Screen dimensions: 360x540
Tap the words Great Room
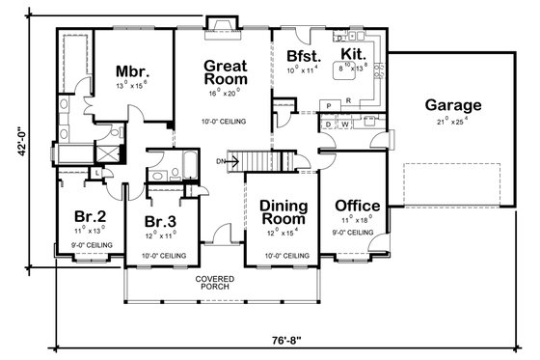(x=224, y=73)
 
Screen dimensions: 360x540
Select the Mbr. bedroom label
(x=131, y=71)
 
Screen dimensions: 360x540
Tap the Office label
(x=357, y=207)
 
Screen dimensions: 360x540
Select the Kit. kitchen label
(x=352, y=56)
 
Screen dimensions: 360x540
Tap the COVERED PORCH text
(x=216, y=282)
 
